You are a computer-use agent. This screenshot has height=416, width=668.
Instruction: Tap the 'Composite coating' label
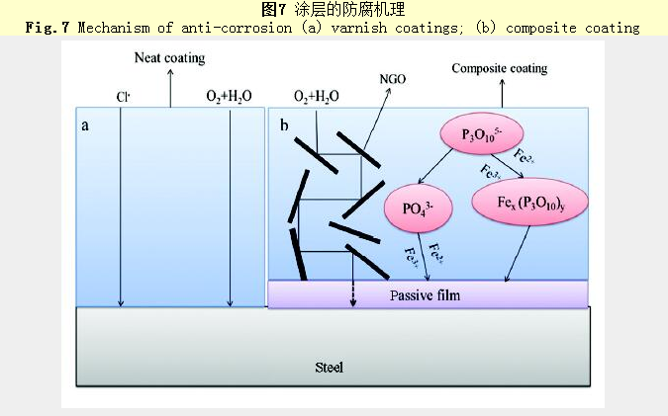(499, 68)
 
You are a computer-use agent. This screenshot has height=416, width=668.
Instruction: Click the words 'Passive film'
(425, 294)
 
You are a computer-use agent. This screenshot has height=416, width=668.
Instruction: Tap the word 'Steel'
(329, 368)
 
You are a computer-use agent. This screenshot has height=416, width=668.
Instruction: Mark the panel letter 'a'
(86, 125)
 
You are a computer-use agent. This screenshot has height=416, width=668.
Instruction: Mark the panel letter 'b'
(284, 125)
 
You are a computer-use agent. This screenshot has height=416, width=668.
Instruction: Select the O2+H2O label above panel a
(229, 97)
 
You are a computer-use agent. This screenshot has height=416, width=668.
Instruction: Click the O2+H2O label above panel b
(317, 97)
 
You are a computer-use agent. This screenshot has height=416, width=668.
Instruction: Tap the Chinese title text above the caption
(333, 10)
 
